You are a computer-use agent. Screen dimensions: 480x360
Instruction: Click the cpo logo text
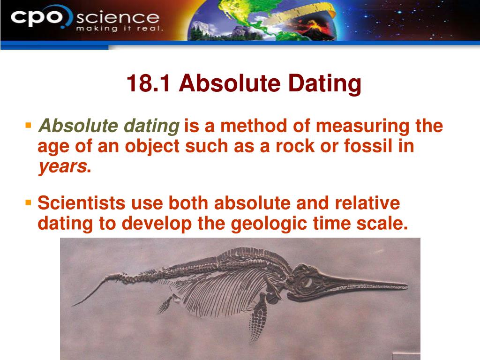(x=36, y=18)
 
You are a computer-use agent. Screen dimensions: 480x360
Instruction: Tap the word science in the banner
(x=118, y=18)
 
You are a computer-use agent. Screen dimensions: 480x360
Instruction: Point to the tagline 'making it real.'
(x=120, y=29)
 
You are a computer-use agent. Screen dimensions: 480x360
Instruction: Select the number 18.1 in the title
(x=149, y=83)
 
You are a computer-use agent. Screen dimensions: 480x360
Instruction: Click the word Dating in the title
(x=325, y=84)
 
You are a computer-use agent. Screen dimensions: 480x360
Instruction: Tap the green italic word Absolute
(x=78, y=126)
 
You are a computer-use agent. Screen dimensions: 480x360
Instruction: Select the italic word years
(x=62, y=167)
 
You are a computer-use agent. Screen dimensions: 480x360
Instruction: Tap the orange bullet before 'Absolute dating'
(x=29, y=125)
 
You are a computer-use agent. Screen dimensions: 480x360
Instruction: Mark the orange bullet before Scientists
(x=29, y=202)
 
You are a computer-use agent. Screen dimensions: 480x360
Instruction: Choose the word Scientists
(x=82, y=203)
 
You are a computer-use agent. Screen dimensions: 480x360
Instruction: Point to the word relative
(x=367, y=203)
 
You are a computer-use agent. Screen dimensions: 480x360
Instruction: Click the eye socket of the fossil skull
(x=307, y=283)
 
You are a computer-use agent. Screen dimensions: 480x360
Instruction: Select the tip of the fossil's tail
(x=73, y=305)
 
